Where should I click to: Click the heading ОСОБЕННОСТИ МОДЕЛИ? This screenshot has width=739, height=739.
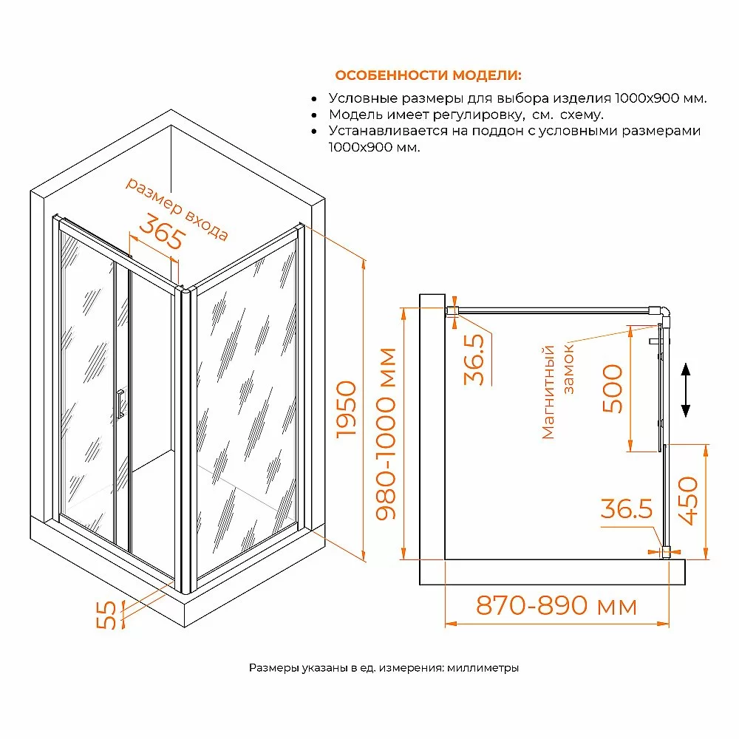[x=428, y=75]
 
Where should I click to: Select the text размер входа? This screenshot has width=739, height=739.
[x=177, y=209]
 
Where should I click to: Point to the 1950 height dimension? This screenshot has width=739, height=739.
[x=347, y=409]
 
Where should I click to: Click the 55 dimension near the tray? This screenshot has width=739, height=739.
[x=106, y=615]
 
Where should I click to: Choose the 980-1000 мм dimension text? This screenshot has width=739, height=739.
[x=386, y=434]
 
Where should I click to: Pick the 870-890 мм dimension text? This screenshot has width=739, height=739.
[x=556, y=605]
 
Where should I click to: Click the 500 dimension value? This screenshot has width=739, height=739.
[x=613, y=389]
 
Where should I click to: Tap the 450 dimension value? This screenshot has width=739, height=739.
[x=687, y=500]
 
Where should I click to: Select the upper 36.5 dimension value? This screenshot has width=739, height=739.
[x=474, y=359]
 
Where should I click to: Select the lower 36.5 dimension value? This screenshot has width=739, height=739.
[x=627, y=509]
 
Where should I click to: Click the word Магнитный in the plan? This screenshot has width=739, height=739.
[x=548, y=392]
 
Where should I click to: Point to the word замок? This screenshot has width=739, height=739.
[x=568, y=369]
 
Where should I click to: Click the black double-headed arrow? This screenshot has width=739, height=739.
[x=686, y=390]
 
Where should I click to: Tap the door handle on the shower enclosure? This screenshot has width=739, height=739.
[x=120, y=404]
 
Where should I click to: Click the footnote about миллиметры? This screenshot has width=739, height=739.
[x=384, y=668]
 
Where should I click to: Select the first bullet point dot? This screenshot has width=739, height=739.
[x=314, y=99]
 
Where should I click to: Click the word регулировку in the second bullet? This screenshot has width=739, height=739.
[x=477, y=115]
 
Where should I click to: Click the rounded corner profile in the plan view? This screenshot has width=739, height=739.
[x=663, y=313]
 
